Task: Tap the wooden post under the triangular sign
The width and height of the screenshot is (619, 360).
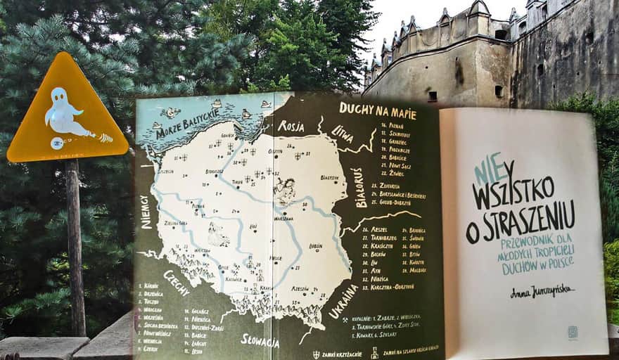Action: (75, 246)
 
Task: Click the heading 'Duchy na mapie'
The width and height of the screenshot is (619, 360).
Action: (377, 109)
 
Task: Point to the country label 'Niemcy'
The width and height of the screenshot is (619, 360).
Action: (146, 212)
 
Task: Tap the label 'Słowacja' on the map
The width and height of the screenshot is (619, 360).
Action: (260, 340)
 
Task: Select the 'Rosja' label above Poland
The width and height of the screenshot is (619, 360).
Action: (291, 126)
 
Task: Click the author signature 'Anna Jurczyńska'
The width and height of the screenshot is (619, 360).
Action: (532, 290)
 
